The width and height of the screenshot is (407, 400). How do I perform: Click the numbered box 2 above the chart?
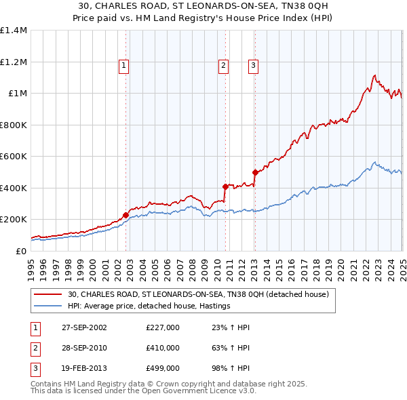click(223, 66)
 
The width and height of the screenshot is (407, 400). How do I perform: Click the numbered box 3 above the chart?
click(253, 66)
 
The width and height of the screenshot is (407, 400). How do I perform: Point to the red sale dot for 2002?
click(125, 216)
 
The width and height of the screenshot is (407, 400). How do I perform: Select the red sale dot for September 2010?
click(225, 186)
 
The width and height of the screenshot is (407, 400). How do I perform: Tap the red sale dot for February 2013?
click(255, 172)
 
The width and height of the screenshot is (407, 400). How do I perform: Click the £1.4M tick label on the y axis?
click(14, 31)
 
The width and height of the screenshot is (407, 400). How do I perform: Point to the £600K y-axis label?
click(14, 157)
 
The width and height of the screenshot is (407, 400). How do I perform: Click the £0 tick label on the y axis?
click(20, 251)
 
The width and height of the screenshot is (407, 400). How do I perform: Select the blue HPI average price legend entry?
click(149, 306)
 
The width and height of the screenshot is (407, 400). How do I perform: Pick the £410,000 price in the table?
click(162, 348)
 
